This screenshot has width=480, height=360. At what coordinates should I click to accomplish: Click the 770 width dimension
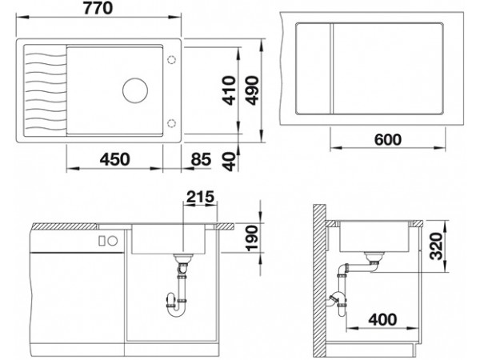[98, 8]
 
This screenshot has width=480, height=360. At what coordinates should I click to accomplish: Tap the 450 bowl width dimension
[114, 159]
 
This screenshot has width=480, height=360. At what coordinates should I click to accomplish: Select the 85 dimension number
[201, 159]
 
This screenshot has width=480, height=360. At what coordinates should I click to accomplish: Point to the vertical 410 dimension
[230, 90]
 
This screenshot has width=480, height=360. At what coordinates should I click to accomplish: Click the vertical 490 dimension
[253, 90]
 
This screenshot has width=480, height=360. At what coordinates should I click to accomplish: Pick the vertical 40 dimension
[230, 162]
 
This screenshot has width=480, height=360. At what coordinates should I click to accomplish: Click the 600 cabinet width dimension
[387, 140]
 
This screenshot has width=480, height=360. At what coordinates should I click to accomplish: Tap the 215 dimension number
[201, 197]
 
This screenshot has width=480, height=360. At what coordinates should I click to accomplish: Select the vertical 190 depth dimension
[253, 238]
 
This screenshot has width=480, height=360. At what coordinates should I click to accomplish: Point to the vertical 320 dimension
[436, 246]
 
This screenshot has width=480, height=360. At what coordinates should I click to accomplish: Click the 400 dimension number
[382, 319]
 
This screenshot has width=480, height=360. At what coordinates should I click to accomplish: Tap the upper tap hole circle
[171, 59]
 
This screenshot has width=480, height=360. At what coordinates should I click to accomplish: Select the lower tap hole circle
[171, 123]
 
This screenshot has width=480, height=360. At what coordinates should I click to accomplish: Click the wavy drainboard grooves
[45, 91]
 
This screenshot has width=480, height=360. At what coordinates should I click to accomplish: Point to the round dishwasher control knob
[113, 241]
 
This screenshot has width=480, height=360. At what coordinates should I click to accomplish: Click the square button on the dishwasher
[102, 241]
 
